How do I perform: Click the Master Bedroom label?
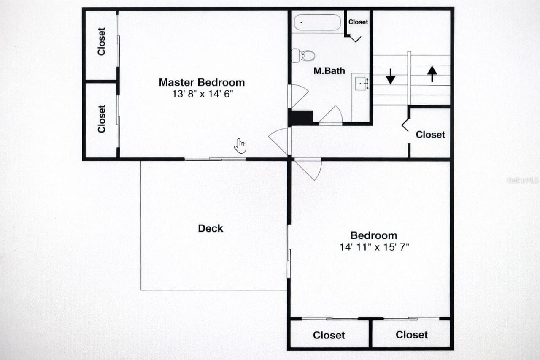coord(202,82)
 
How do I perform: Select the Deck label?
coord(211,228)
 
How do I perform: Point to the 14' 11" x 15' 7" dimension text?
coord(374,247)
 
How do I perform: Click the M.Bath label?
coord(329,71)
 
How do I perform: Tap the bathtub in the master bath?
coord(317,22)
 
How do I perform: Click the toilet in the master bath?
coord(303,55)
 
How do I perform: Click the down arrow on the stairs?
coord(391,76)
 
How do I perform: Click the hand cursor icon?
coord(240,146)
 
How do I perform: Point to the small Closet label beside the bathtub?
coord(358,22)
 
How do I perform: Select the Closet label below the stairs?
coord(430,135)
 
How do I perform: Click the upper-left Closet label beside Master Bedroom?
coord(101,41)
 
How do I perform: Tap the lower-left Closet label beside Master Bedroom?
coord(101,119)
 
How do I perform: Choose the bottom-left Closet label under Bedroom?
coord(329,335)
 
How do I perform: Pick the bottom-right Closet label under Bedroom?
coord(412,335)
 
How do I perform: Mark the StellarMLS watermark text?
coord(522,180)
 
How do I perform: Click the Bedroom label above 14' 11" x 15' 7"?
coord(374,235)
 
